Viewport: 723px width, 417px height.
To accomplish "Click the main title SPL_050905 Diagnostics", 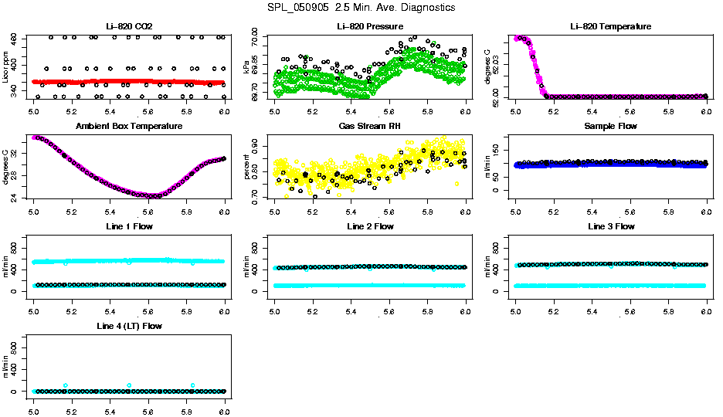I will [x=361, y=8].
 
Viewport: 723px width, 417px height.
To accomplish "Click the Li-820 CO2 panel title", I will [x=129, y=27].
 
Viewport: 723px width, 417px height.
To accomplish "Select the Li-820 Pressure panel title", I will [x=370, y=27].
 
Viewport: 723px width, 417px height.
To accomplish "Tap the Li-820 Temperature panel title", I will [x=610, y=27].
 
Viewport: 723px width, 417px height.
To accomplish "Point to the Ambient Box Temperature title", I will [x=129, y=126].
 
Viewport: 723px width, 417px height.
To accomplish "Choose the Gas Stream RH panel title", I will [x=370, y=126].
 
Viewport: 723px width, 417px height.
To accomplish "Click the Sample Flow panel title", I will [x=610, y=126].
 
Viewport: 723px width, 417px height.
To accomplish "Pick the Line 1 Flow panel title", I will [x=129, y=226].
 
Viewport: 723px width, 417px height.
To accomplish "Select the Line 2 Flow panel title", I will [x=370, y=226].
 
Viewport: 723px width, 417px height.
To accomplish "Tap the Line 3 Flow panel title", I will [x=610, y=226].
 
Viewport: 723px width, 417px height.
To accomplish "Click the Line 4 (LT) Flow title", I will [x=129, y=326].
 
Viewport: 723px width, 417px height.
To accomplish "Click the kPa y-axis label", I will [x=247, y=68].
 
